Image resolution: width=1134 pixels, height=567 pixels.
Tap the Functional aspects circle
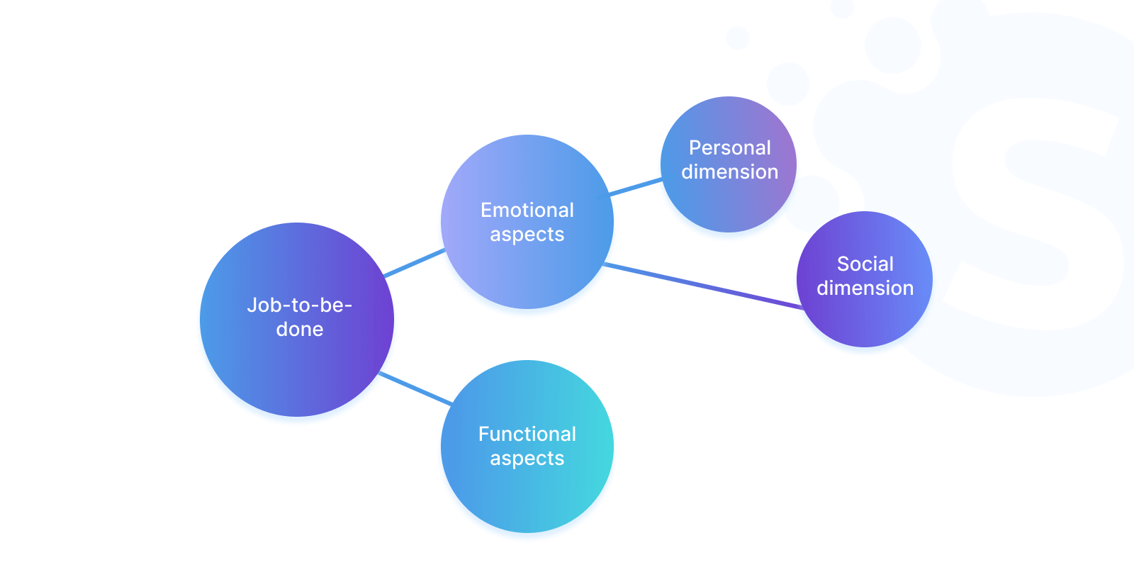click(x=527, y=496)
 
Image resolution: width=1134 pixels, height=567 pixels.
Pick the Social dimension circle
click(x=865, y=319)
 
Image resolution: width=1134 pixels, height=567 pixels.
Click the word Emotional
click(x=527, y=210)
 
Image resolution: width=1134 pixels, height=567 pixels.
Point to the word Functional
click(x=527, y=434)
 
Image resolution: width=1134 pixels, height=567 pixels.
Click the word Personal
click(x=729, y=147)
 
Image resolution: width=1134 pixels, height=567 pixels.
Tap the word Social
click(x=865, y=264)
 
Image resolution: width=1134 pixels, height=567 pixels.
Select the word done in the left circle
click(x=300, y=329)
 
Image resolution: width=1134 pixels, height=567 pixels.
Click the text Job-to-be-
click(x=299, y=305)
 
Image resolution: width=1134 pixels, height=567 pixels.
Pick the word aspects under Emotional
click(x=527, y=235)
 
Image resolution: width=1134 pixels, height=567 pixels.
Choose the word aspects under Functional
click(x=527, y=459)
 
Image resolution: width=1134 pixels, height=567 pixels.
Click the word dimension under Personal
click(x=729, y=172)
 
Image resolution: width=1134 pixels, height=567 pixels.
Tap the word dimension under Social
click(x=865, y=288)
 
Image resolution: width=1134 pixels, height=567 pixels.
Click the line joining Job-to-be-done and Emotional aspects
click(x=414, y=262)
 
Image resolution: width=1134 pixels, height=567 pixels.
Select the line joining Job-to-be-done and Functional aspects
click(x=415, y=388)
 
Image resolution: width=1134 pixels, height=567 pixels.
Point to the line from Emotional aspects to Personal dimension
click(x=636, y=187)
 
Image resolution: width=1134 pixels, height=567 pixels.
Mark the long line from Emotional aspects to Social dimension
click(x=702, y=286)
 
